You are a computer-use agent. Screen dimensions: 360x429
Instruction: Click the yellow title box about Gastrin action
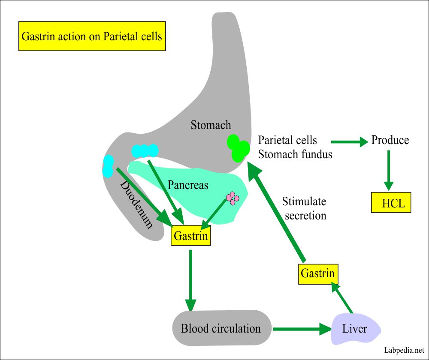point(92,36)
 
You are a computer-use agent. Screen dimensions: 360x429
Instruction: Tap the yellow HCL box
point(391,203)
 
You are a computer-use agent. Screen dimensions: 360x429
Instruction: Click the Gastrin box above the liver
point(318,273)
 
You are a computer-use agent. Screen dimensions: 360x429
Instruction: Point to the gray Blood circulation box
point(221,329)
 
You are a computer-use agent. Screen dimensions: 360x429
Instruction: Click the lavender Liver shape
point(354,329)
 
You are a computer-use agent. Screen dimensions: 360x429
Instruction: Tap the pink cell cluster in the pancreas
point(233,198)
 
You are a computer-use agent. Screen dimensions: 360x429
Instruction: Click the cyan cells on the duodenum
point(108,166)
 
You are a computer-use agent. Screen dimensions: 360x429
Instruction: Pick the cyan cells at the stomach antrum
point(145,151)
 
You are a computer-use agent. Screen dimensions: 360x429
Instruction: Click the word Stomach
point(211,125)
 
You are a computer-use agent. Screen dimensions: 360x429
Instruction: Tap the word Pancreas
point(188,185)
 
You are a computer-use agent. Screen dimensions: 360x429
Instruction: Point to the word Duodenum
point(136,205)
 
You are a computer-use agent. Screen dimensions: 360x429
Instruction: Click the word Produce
point(390,140)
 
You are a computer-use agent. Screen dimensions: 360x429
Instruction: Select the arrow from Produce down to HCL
point(389,170)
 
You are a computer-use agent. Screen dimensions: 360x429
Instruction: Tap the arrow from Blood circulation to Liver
point(301,329)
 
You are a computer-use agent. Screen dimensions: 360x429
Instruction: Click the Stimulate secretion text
point(304,208)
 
